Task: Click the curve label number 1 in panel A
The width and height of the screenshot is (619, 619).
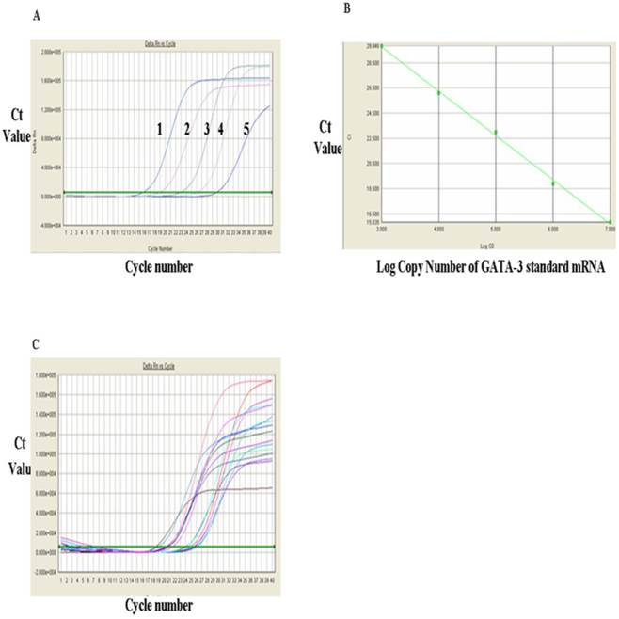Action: [x=160, y=128]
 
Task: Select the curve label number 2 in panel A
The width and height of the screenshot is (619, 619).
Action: [x=187, y=128]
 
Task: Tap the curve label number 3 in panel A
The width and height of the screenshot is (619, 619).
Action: [x=206, y=128]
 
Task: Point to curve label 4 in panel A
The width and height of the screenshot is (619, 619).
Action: [x=220, y=128]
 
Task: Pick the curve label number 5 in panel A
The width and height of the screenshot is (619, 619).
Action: [x=246, y=128]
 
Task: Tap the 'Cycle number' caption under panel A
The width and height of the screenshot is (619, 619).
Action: [x=160, y=266]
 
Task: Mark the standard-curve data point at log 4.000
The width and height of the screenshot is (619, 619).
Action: [x=438, y=92]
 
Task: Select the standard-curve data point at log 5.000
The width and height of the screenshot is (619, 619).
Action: [x=495, y=133]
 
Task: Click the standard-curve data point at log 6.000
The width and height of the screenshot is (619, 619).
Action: [x=552, y=183]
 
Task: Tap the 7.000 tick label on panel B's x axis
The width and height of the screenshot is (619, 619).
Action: [x=608, y=229]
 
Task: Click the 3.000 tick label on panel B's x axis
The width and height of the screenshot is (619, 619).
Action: [x=382, y=229]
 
